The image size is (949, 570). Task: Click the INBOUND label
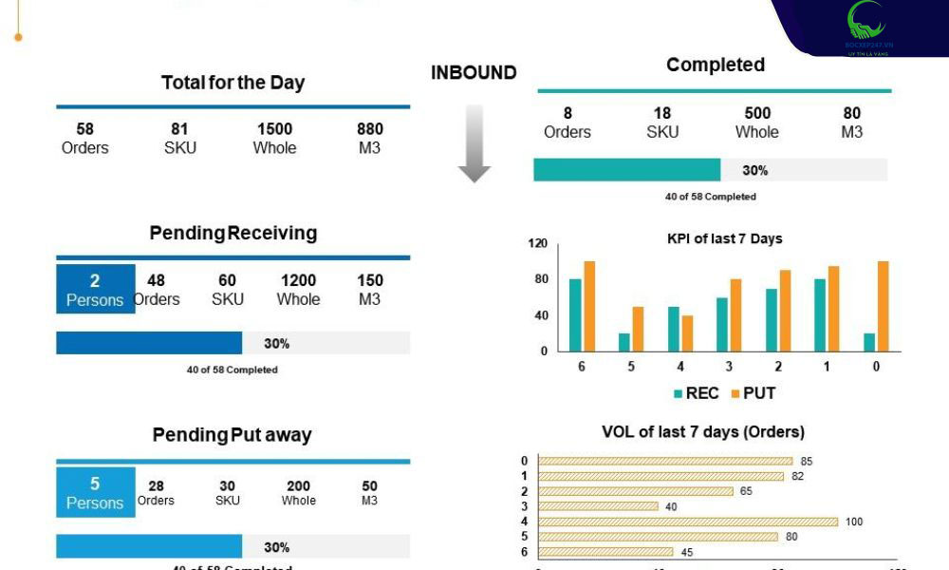474,73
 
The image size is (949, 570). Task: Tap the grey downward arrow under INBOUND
474,142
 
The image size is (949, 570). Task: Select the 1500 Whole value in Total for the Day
274,138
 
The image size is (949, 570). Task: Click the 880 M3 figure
370,138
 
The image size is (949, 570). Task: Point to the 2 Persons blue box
95,289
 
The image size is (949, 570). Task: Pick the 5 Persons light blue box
95,492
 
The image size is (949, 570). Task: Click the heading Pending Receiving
233,233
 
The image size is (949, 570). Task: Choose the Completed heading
715,65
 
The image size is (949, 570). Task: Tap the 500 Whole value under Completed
756,123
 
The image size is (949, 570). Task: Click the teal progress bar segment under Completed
626,170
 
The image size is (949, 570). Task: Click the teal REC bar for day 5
623,342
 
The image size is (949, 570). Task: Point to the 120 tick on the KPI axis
538,243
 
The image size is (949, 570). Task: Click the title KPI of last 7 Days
724,238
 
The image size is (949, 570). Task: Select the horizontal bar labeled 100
688,522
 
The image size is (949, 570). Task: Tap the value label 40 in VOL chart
672,506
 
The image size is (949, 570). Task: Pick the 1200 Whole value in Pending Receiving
298,289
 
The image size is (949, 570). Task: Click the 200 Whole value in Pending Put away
298,492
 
